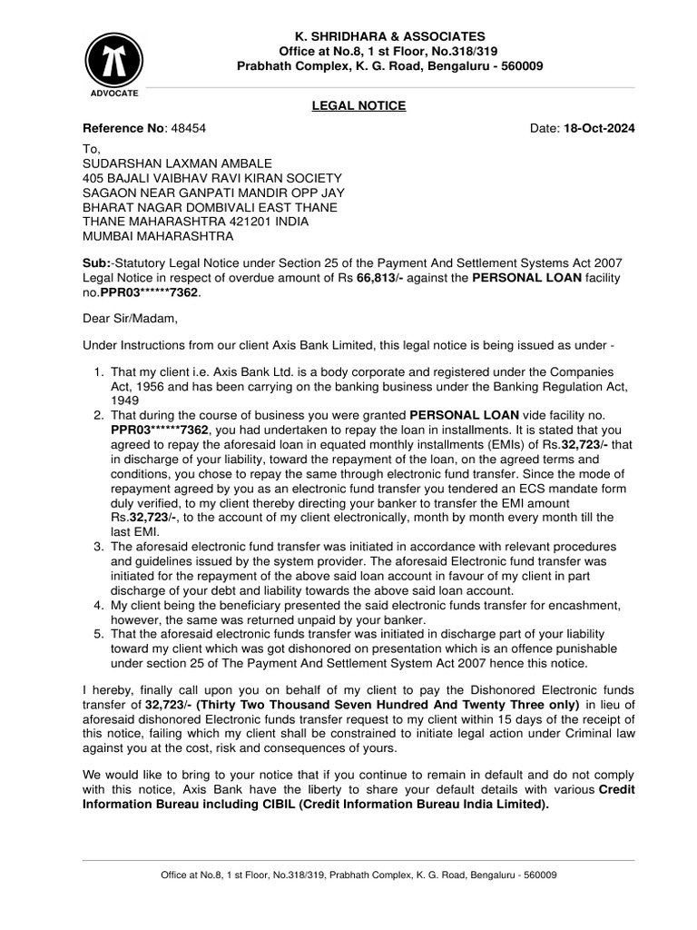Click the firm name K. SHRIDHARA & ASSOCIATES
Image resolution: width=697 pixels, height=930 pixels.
(380, 35)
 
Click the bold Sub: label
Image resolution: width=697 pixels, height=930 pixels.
(95, 262)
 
